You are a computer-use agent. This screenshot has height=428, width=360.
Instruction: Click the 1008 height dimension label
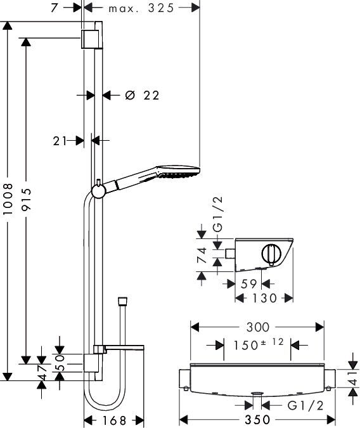pos(8,199)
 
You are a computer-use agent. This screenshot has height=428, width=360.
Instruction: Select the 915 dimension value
pos(27,199)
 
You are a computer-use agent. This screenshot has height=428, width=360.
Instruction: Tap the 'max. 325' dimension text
pos(141,8)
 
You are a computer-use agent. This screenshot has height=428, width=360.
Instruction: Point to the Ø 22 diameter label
pos(142,95)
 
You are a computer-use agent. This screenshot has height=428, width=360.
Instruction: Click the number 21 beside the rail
pos(60,141)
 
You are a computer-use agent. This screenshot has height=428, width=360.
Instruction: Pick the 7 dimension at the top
pos(55,8)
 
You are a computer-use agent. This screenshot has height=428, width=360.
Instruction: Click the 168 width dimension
pos(114,420)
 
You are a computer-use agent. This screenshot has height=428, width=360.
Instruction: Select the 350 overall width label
pos(257,420)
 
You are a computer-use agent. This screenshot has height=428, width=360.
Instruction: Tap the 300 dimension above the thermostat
pos(258,327)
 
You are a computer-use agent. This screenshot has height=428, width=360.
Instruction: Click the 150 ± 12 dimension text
pos(259,344)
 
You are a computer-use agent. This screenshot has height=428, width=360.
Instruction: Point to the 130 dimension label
pos(264,298)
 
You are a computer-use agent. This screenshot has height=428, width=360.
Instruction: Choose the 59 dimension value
pos(248,284)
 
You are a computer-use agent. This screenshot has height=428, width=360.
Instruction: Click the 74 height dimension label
pos(202,255)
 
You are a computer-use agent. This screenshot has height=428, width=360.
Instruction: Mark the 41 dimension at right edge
pos(353,378)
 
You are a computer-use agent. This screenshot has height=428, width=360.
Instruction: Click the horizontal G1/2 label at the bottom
pos(305,406)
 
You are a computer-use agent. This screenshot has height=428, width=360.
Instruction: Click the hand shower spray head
pos(177,172)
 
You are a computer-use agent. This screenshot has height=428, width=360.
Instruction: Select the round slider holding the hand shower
pos(98,190)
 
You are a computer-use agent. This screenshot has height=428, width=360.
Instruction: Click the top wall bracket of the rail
pos(89,39)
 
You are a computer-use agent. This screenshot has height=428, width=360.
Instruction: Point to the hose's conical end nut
pos(123,301)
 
